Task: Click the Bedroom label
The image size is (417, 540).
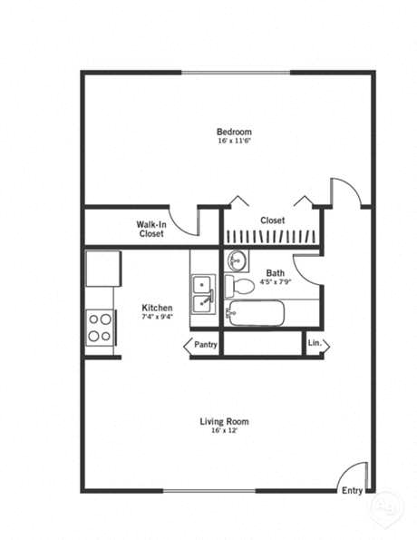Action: coord(233,132)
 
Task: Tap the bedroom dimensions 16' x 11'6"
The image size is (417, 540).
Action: coord(233,142)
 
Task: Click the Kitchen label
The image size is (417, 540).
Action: coord(158,308)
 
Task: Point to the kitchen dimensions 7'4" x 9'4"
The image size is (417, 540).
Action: coord(158,317)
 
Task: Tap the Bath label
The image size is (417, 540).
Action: coord(276,272)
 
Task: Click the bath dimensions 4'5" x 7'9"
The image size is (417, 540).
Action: coord(275,281)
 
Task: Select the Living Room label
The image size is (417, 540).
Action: coord(224,421)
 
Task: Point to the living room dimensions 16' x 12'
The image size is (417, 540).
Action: coord(224,431)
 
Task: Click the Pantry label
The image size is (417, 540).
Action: coord(206,345)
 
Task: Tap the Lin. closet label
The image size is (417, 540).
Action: coord(315,344)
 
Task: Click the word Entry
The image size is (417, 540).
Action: coord(353,491)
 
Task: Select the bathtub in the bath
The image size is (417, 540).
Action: coord(257,314)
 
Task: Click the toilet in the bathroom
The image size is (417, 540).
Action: coord(240,287)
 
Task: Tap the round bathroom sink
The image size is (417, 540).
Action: coord(238,260)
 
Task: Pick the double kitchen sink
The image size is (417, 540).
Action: coord(203,292)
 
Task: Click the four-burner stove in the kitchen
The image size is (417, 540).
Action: coord(100,328)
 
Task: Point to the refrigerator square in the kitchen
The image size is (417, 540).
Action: coord(102,269)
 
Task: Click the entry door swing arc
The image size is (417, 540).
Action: coord(354,476)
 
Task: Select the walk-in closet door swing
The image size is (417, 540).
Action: coord(187,221)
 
